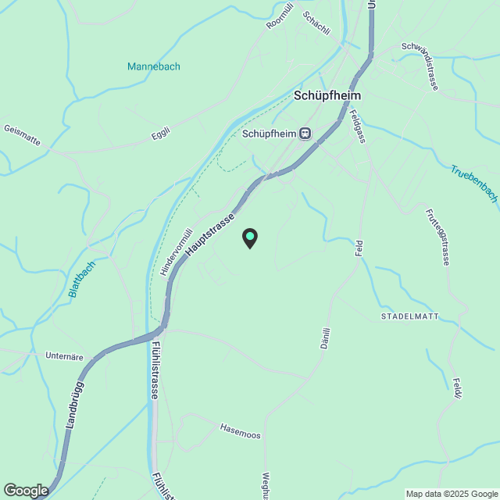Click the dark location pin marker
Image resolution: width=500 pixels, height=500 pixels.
pos(250,238)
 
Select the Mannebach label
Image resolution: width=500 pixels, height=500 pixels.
pos(154,66)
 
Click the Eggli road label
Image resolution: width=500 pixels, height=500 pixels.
pos(160,136)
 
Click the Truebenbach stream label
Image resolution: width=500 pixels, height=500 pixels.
pos(474,184)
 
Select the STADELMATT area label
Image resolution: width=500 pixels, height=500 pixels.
pos(410,316)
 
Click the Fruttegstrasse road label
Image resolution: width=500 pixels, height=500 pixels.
pos(438,237)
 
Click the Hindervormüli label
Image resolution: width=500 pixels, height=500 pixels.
pos(177,250)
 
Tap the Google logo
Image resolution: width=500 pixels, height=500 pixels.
pos(25,491)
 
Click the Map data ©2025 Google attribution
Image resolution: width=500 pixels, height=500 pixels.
pos(450,494)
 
